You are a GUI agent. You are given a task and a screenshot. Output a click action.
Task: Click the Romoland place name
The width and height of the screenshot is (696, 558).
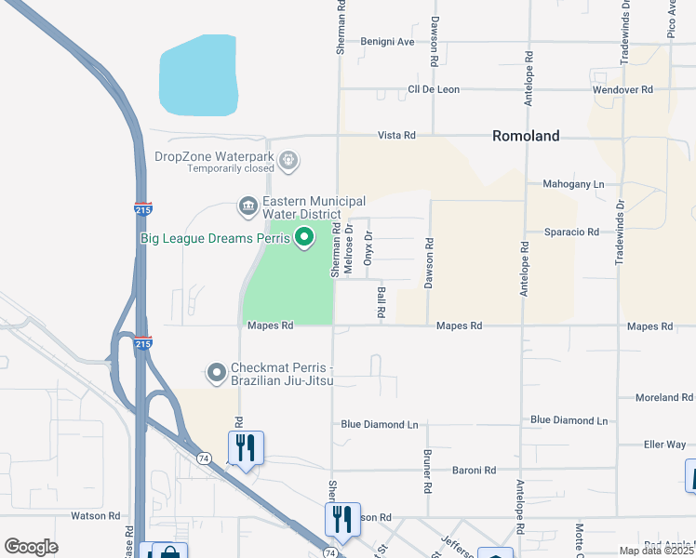(526, 136)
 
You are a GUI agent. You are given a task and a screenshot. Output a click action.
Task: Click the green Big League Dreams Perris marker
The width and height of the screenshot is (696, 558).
(303, 239)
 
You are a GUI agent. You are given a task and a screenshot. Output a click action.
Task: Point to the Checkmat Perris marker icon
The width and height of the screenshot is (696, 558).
(217, 374)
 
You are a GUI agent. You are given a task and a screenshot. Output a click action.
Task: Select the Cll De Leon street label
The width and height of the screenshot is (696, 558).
(434, 90)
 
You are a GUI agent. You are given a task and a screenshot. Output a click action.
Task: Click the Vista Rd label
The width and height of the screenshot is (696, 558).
(395, 136)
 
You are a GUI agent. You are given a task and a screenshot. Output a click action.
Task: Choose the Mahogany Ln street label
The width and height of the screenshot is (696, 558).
(572, 185)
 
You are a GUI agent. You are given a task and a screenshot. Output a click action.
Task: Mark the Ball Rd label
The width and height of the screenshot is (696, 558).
(381, 303)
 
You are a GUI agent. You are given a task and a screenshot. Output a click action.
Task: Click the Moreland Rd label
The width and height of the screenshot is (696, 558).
(664, 398)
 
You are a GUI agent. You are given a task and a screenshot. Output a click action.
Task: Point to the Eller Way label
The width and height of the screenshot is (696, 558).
(664, 445)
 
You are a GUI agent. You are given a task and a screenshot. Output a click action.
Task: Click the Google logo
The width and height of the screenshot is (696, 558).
(31, 547)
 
